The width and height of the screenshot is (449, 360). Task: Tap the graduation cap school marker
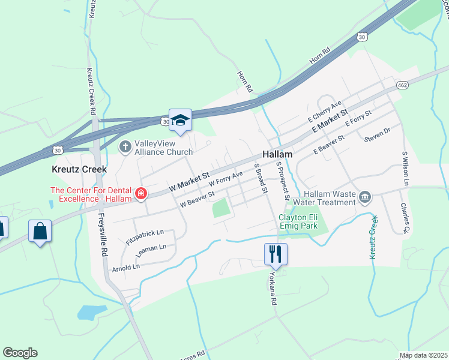(179, 120)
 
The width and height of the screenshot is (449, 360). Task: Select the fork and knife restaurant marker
(276, 254)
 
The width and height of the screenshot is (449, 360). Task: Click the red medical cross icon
(141, 193)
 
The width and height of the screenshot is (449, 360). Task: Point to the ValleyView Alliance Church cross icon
(125, 146)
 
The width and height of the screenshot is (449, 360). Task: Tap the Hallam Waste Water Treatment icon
(365, 197)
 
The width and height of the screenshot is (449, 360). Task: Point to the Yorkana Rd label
(273, 287)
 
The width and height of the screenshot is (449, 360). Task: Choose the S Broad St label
(261, 178)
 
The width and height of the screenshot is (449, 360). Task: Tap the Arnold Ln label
(125, 264)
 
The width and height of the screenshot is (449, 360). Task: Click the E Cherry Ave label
(324, 111)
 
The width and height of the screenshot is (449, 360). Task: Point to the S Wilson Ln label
(406, 169)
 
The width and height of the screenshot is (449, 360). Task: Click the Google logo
(20, 353)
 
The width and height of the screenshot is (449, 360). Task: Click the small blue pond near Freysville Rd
(89, 312)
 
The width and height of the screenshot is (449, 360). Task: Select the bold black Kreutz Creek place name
(79, 169)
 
